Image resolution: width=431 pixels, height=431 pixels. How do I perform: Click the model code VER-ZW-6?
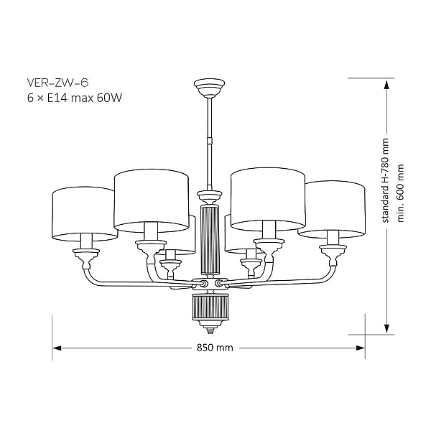pos(57,83)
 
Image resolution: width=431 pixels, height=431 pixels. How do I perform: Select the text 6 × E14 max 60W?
pos(75,98)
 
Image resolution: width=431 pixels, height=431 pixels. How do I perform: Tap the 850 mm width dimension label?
pos(215,348)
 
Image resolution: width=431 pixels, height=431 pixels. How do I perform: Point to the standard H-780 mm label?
pos(386,180)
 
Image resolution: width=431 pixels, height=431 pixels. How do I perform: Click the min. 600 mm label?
pos(401,193)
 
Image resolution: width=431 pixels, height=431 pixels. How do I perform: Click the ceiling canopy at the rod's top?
pos(210,88)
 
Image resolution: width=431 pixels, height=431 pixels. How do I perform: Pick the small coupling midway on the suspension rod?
pos(210,141)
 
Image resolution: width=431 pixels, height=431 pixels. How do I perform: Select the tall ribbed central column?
pos(210,239)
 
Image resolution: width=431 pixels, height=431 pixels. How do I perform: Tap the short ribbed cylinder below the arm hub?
pos(210,307)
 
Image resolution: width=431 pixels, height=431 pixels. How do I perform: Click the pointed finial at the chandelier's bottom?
pos(210,329)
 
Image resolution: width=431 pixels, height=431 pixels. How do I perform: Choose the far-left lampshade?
pos(85,213)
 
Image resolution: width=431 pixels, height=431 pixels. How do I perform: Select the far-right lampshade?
pos(331,209)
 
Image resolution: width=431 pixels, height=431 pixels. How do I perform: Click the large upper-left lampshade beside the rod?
pos(152,200)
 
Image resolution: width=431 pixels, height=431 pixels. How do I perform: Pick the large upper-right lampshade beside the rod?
pos(268,199)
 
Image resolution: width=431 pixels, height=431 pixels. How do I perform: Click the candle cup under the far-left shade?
pos(86,259)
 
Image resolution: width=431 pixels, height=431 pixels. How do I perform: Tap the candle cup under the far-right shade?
pos(333,255)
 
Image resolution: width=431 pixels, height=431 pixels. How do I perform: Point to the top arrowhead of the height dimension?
pos(386,84)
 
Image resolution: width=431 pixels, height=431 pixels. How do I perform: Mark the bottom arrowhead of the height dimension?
pos(386,328)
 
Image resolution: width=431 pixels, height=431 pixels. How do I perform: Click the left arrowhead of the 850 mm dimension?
pos(57,348)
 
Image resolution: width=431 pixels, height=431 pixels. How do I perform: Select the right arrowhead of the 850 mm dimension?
pos(361,348)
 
